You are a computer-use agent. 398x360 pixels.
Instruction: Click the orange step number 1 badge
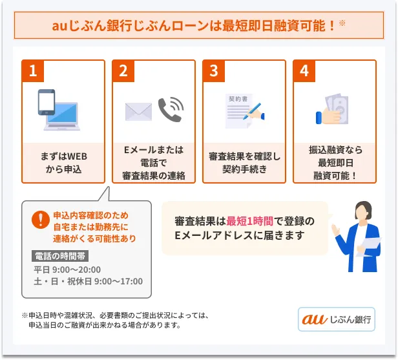click(32, 72)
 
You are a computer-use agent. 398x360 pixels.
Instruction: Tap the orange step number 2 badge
click(123, 72)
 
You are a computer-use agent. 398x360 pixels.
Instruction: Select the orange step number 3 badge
click(213, 72)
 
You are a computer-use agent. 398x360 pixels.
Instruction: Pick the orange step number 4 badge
click(304, 72)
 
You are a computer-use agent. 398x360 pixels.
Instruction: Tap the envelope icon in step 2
click(138, 112)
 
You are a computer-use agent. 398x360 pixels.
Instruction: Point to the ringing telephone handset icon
click(171, 110)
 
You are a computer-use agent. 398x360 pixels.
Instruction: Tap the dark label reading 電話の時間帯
click(65, 255)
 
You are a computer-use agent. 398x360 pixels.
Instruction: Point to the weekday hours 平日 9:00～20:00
click(67, 270)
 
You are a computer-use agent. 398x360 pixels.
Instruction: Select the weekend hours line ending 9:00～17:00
click(88, 281)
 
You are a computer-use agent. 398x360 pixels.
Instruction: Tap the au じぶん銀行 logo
click(336, 319)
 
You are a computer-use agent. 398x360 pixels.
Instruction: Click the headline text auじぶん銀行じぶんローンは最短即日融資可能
click(194, 26)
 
